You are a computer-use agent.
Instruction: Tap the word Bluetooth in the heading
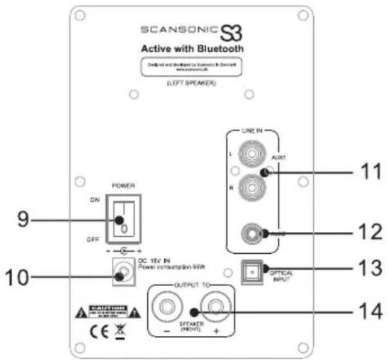tap(219, 49)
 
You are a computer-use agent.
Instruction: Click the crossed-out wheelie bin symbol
tap(120, 333)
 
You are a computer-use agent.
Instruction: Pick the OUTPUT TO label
tap(191, 287)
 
